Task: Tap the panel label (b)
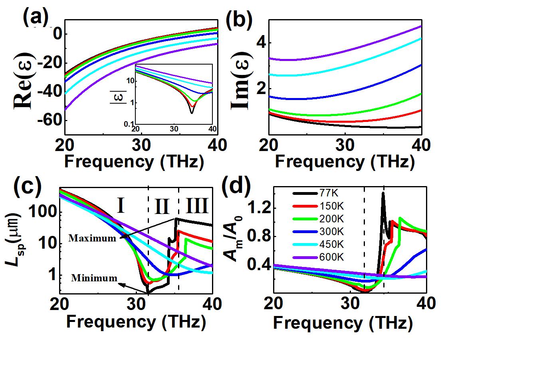239,20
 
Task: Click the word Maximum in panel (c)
92,238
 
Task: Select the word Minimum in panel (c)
94,278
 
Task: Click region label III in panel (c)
197,207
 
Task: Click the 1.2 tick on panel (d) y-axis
257,208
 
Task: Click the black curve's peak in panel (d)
383,193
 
